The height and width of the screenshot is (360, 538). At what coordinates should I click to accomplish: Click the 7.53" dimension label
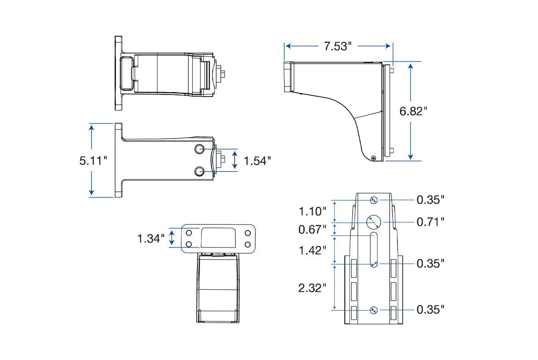tap(338, 46)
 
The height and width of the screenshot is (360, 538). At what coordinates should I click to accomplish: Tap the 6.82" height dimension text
tap(413, 111)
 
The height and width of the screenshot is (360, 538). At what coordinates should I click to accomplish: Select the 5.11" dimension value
tap(93, 161)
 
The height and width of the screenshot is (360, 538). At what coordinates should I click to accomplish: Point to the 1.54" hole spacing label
tap(257, 160)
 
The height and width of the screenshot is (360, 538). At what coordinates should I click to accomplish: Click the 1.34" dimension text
tap(150, 238)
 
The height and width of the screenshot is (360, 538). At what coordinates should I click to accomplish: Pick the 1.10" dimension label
tap(312, 211)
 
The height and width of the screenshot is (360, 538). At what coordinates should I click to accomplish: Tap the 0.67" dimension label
tap(312, 230)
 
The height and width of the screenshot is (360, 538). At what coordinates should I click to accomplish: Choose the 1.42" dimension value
tap(312, 250)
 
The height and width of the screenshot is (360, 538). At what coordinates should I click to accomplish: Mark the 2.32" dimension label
tap(312, 288)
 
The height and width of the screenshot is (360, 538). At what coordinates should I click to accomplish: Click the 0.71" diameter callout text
tap(430, 222)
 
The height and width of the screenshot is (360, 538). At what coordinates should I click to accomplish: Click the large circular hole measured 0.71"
tap(374, 222)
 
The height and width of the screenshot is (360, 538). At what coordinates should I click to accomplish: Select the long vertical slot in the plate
tap(374, 250)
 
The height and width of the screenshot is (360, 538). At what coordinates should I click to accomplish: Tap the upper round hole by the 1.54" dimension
tap(200, 149)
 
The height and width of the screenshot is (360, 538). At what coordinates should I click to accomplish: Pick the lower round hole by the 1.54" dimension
tap(200, 171)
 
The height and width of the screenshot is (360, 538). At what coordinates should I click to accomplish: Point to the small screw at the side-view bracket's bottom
tap(373, 158)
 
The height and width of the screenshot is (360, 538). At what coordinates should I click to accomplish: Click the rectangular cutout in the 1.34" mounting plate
tap(218, 238)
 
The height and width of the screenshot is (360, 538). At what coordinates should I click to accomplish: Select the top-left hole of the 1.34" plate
tap(189, 233)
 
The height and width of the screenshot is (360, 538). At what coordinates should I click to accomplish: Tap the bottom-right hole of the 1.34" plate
tap(248, 244)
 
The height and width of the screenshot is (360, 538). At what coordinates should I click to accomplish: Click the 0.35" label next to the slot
tap(430, 263)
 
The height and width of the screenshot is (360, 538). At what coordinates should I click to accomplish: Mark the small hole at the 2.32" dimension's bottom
tap(373, 310)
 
